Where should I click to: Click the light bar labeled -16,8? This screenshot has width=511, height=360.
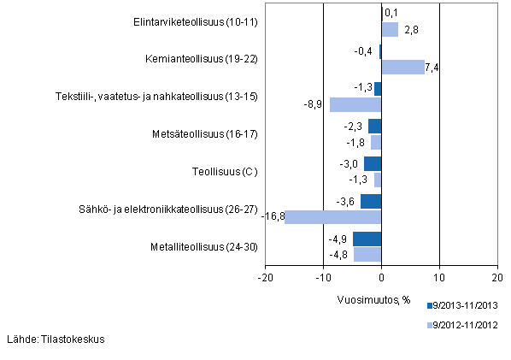(332, 217)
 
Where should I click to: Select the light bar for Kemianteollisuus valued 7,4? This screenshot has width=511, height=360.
(402, 67)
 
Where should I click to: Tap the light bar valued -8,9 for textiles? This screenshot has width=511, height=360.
(355, 104)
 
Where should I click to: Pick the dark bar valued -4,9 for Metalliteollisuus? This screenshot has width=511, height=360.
(367, 239)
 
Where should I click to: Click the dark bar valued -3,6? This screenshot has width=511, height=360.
(371, 202)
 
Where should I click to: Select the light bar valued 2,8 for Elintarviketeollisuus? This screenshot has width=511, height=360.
(390, 30)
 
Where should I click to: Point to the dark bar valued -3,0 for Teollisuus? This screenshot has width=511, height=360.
(373, 164)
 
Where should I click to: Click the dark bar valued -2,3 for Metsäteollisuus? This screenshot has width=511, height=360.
(374, 127)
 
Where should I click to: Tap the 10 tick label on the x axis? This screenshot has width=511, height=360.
(439, 278)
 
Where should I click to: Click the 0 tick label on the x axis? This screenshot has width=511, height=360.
(381, 278)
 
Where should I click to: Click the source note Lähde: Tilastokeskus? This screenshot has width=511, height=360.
(56, 339)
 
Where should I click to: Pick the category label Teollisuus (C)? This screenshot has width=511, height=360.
(225, 172)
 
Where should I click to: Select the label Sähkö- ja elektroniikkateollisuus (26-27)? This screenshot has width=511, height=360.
(168, 210)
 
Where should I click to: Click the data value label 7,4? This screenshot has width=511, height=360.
(432, 68)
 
